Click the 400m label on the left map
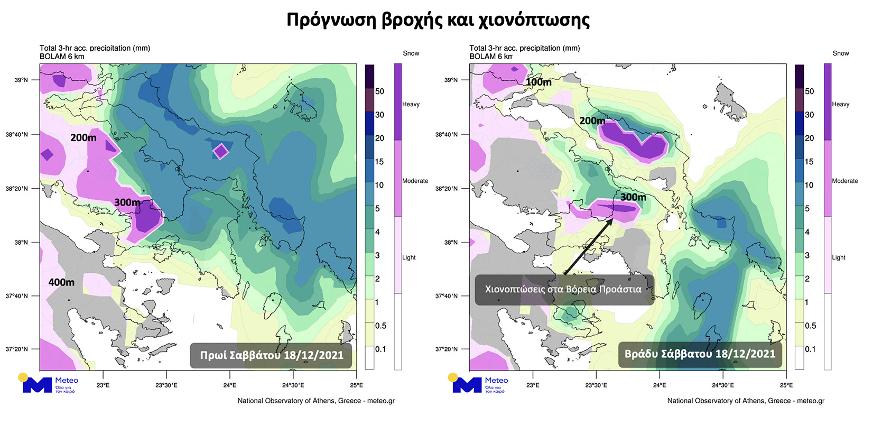(61, 282)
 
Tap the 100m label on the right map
(538, 82)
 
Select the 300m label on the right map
(633, 197)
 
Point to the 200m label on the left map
(83, 138)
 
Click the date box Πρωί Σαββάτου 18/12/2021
(271, 355)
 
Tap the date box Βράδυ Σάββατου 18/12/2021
(700, 354)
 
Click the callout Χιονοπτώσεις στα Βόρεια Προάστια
(563, 289)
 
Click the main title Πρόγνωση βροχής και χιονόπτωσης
(438, 20)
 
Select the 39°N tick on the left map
(21, 80)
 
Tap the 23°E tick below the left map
(103, 385)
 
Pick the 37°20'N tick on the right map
(447, 349)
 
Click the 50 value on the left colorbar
(379, 91)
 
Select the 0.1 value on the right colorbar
(810, 349)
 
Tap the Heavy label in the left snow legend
(411, 104)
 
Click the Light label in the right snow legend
(839, 257)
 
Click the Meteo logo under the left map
(50, 384)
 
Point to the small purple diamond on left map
(220, 152)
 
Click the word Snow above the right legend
(840, 53)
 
